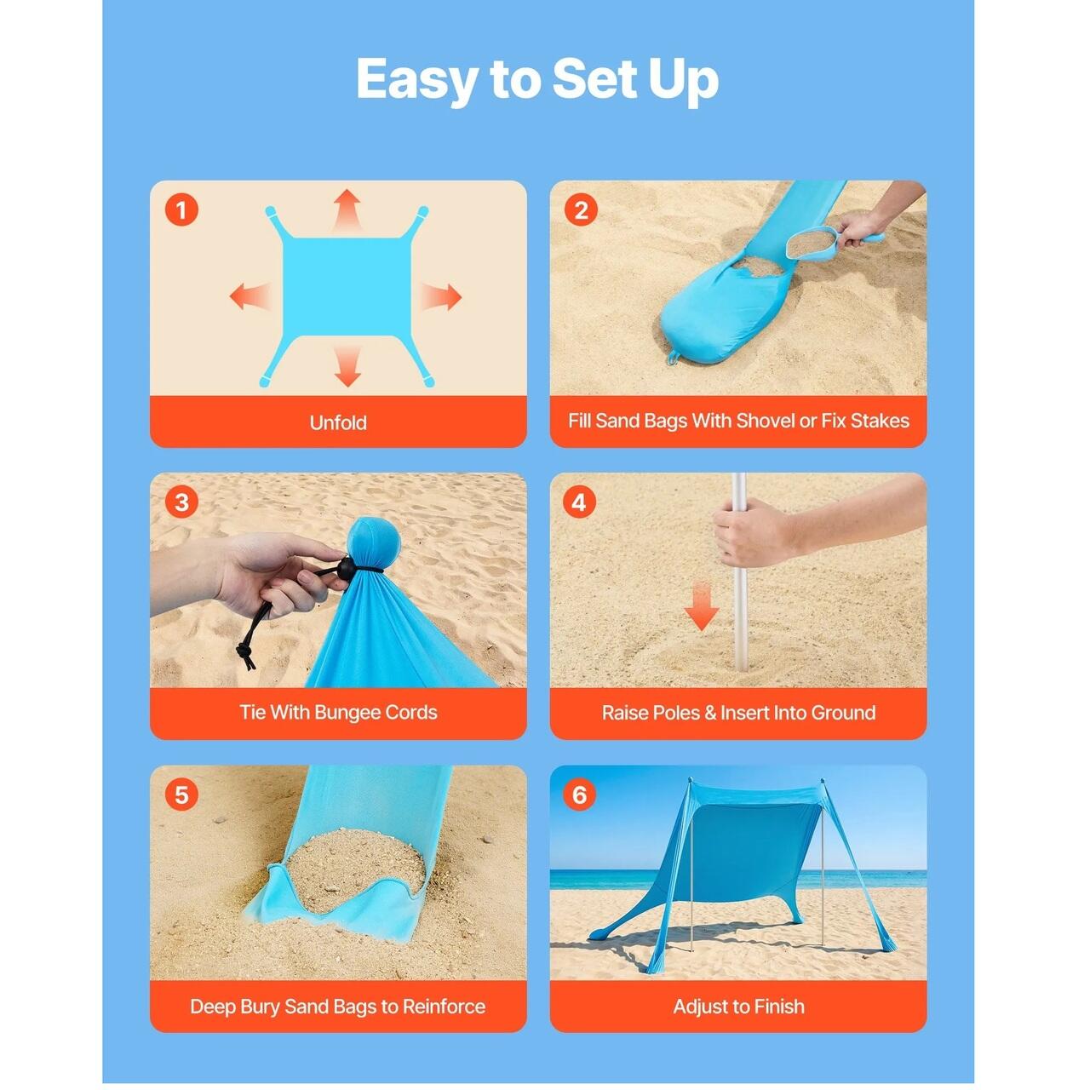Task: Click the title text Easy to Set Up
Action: (x=537, y=80)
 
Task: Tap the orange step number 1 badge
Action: (x=181, y=210)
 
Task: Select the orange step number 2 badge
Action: (x=581, y=210)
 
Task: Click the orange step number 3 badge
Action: (x=181, y=502)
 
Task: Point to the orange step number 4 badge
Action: (x=580, y=502)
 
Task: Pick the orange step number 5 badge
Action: (x=181, y=795)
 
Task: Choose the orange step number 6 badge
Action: (x=580, y=795)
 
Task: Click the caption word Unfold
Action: (x=338, y=422)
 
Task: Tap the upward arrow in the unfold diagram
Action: (x=347, y=209)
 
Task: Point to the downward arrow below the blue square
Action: (x=347, y=366)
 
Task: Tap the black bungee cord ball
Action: (x=347, y=569)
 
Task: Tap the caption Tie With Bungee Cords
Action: (x=338, y=712)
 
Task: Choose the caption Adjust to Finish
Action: (x=739, y=1007)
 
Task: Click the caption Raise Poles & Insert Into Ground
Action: (x=739, y=713)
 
